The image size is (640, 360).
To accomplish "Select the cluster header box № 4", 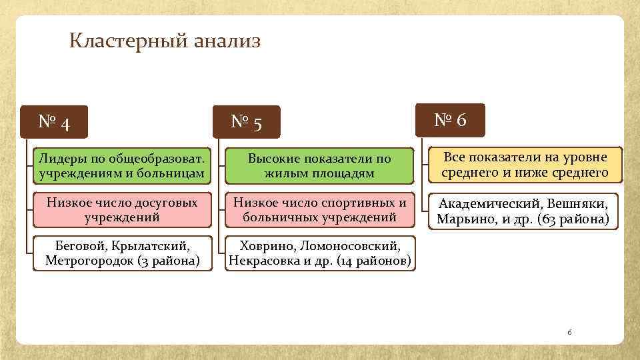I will click(55, 122).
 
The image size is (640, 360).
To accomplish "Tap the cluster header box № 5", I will click(247, 122).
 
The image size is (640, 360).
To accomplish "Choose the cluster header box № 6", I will click(451, 120).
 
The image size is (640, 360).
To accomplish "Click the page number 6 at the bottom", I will click(569, 331).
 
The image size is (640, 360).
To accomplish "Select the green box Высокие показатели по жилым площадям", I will click(319, 166).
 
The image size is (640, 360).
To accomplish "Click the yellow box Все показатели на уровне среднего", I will click(525, 165).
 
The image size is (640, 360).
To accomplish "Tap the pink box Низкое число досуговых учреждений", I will click(122, 209).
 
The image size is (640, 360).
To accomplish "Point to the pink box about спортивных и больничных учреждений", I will click(319, 209).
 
